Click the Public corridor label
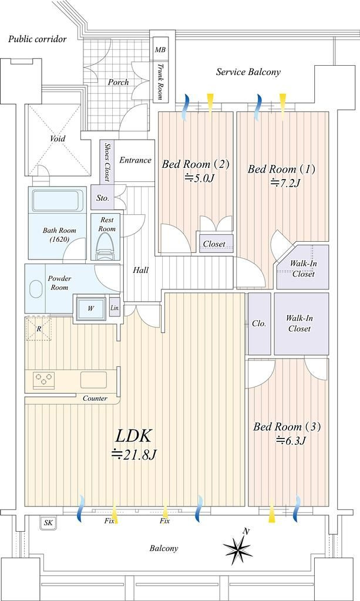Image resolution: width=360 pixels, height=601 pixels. (x=38, y=39)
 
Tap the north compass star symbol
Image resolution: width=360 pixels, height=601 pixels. (x=238, y=548)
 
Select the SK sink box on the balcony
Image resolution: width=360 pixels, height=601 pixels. (x=48, y=522)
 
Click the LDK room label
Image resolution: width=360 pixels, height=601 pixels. (x=134, y=436)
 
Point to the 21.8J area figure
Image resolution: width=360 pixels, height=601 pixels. (x=134, y=455)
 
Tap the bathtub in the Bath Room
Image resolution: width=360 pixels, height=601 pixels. (x=58, y=200)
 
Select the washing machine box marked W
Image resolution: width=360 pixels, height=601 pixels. (x=90, y=308)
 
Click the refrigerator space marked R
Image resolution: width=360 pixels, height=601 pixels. (x=38, y=329)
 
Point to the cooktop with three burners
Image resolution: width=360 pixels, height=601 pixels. (x=43, y=379)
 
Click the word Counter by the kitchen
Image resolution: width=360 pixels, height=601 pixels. (x=95, y=399)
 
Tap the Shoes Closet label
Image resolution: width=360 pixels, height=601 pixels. (x=107, y=162)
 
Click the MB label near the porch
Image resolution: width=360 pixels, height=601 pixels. (x=160, y=50)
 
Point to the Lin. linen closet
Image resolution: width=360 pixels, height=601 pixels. (x=115, y=307)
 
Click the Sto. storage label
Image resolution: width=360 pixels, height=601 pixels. (x=102, y=198)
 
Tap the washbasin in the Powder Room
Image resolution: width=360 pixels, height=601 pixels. (x=35, y=289)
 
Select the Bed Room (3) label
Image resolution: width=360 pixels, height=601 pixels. (x=287, y=427)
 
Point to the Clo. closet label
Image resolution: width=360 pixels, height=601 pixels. (x=259, y=324)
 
